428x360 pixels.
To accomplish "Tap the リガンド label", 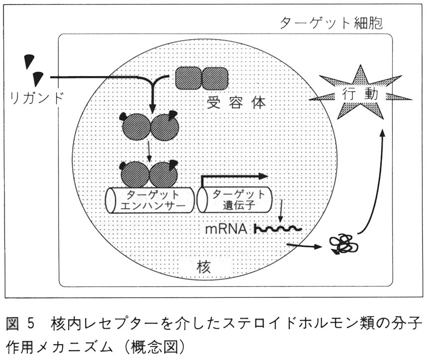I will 36,97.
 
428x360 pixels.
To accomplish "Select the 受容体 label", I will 236,103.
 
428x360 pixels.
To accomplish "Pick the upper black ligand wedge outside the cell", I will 29,61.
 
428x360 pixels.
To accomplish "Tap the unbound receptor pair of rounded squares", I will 202,79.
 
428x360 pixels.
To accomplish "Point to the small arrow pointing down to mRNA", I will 281,211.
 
